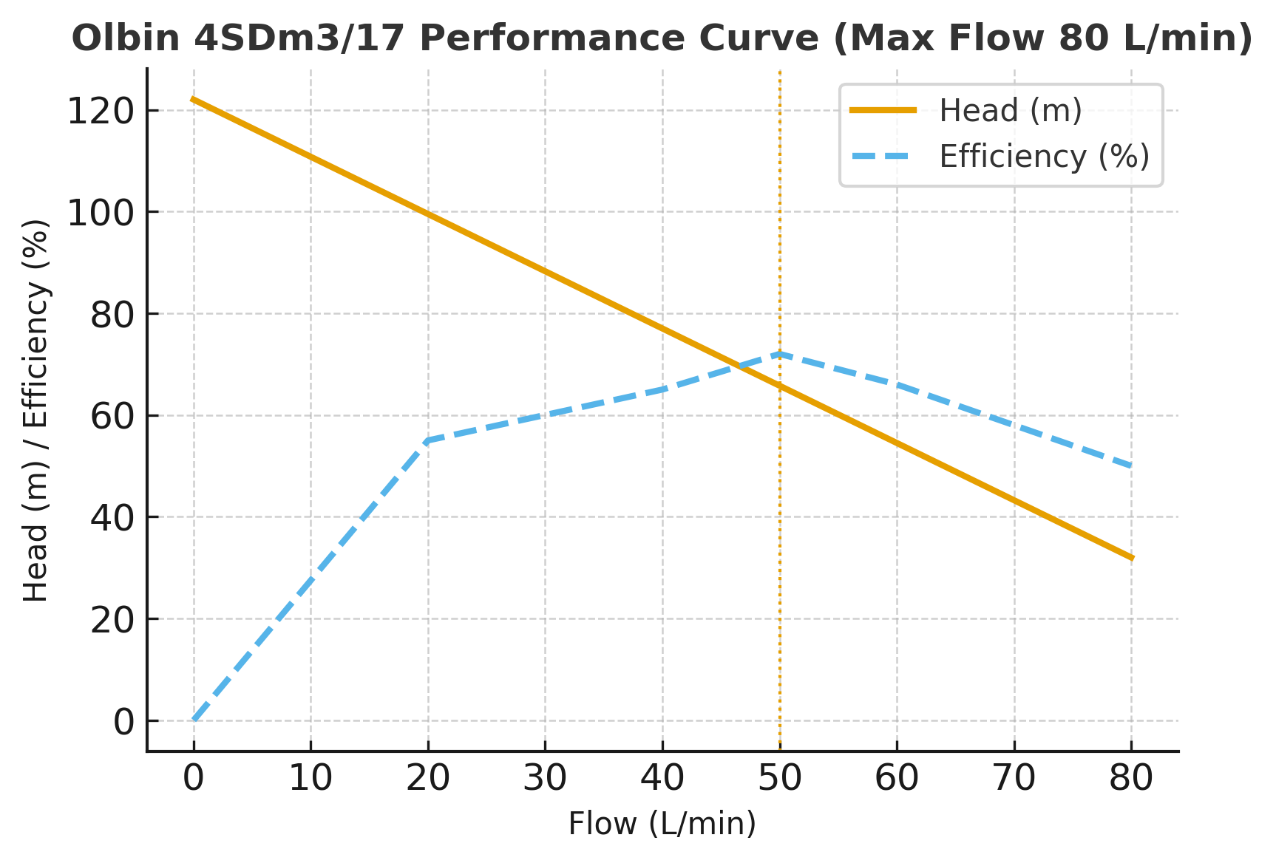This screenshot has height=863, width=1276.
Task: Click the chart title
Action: tap(662, 38)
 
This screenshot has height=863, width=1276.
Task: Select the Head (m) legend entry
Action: tap(1010, 111)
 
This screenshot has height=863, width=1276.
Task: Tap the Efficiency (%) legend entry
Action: tap(1044, 157)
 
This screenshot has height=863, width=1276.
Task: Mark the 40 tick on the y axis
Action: tap(112, 518)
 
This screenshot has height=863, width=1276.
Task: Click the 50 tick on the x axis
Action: tap(779, 778)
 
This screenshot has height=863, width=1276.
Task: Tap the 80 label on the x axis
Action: tap(1131, 778)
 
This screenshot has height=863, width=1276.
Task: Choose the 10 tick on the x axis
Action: tap(310, 778)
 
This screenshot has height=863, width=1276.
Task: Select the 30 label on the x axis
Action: tap(545, 778)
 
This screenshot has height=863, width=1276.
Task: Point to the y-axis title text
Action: tap(36, 410)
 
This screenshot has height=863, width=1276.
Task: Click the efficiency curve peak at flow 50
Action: tap(780, 354)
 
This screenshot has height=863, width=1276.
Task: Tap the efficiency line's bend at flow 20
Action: tap(428, 440)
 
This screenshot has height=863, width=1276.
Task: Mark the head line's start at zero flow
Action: tap(194, 99)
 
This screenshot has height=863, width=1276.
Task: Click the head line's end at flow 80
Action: tap(1131, 558)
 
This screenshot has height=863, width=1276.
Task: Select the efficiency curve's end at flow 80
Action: tap(1131, 466)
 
